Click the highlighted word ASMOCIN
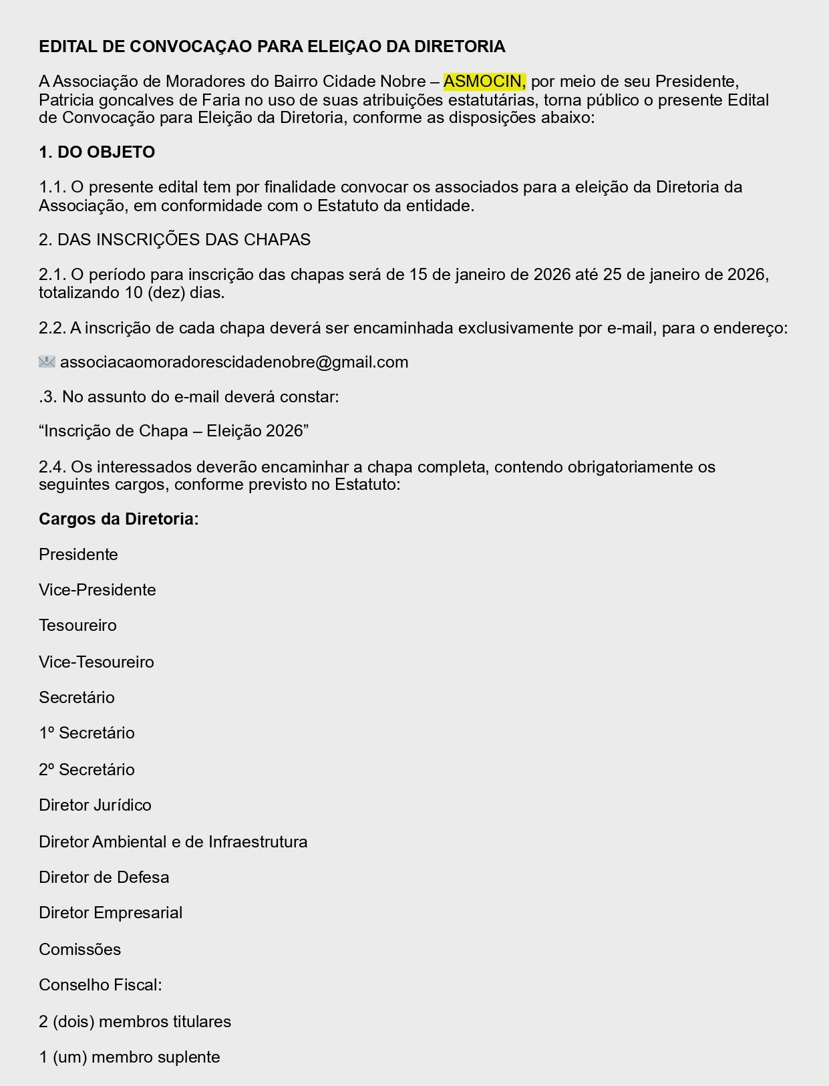tap(484, 82)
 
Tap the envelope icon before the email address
tap(47, 362)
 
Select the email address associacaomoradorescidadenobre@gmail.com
tap(234, 362)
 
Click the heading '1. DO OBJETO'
tap(97, 152)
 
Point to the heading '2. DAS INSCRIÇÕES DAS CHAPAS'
tap(174, 240)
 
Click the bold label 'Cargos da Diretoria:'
tap(118, 519)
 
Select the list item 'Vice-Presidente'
tap(97, 590)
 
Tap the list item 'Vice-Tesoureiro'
tap(96, 662)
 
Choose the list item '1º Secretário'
tap(86, 733)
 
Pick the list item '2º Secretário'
tap(86, 770)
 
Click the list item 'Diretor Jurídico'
tap(95, 805)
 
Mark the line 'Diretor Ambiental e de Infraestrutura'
tap(173, 842)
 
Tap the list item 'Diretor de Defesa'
tap(104, 877)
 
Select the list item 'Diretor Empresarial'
tap(110, 913)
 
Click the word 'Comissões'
tap(79, 950)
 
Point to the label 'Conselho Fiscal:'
tap(100, 985)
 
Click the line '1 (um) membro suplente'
tap(129, 1057)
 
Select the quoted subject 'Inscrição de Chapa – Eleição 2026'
tap(174, 431)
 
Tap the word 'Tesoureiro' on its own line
tap(77, 626)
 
